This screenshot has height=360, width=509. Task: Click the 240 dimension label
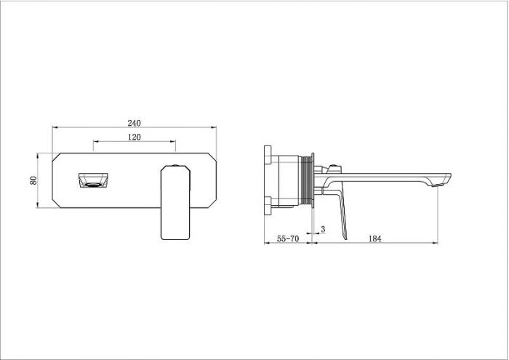pos(134,123)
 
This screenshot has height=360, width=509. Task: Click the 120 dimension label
pos(134,137)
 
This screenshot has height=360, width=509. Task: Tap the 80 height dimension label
pos(33,180)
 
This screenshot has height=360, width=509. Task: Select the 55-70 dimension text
pos(288,239)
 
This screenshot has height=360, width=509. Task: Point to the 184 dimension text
pos(374,239)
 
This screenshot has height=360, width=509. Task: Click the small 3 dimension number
pos(323,229)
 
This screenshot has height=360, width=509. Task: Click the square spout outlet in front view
pos(93,180)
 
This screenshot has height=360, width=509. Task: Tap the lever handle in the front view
pos(175,202)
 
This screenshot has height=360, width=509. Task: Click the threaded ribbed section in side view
pos(305,180)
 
